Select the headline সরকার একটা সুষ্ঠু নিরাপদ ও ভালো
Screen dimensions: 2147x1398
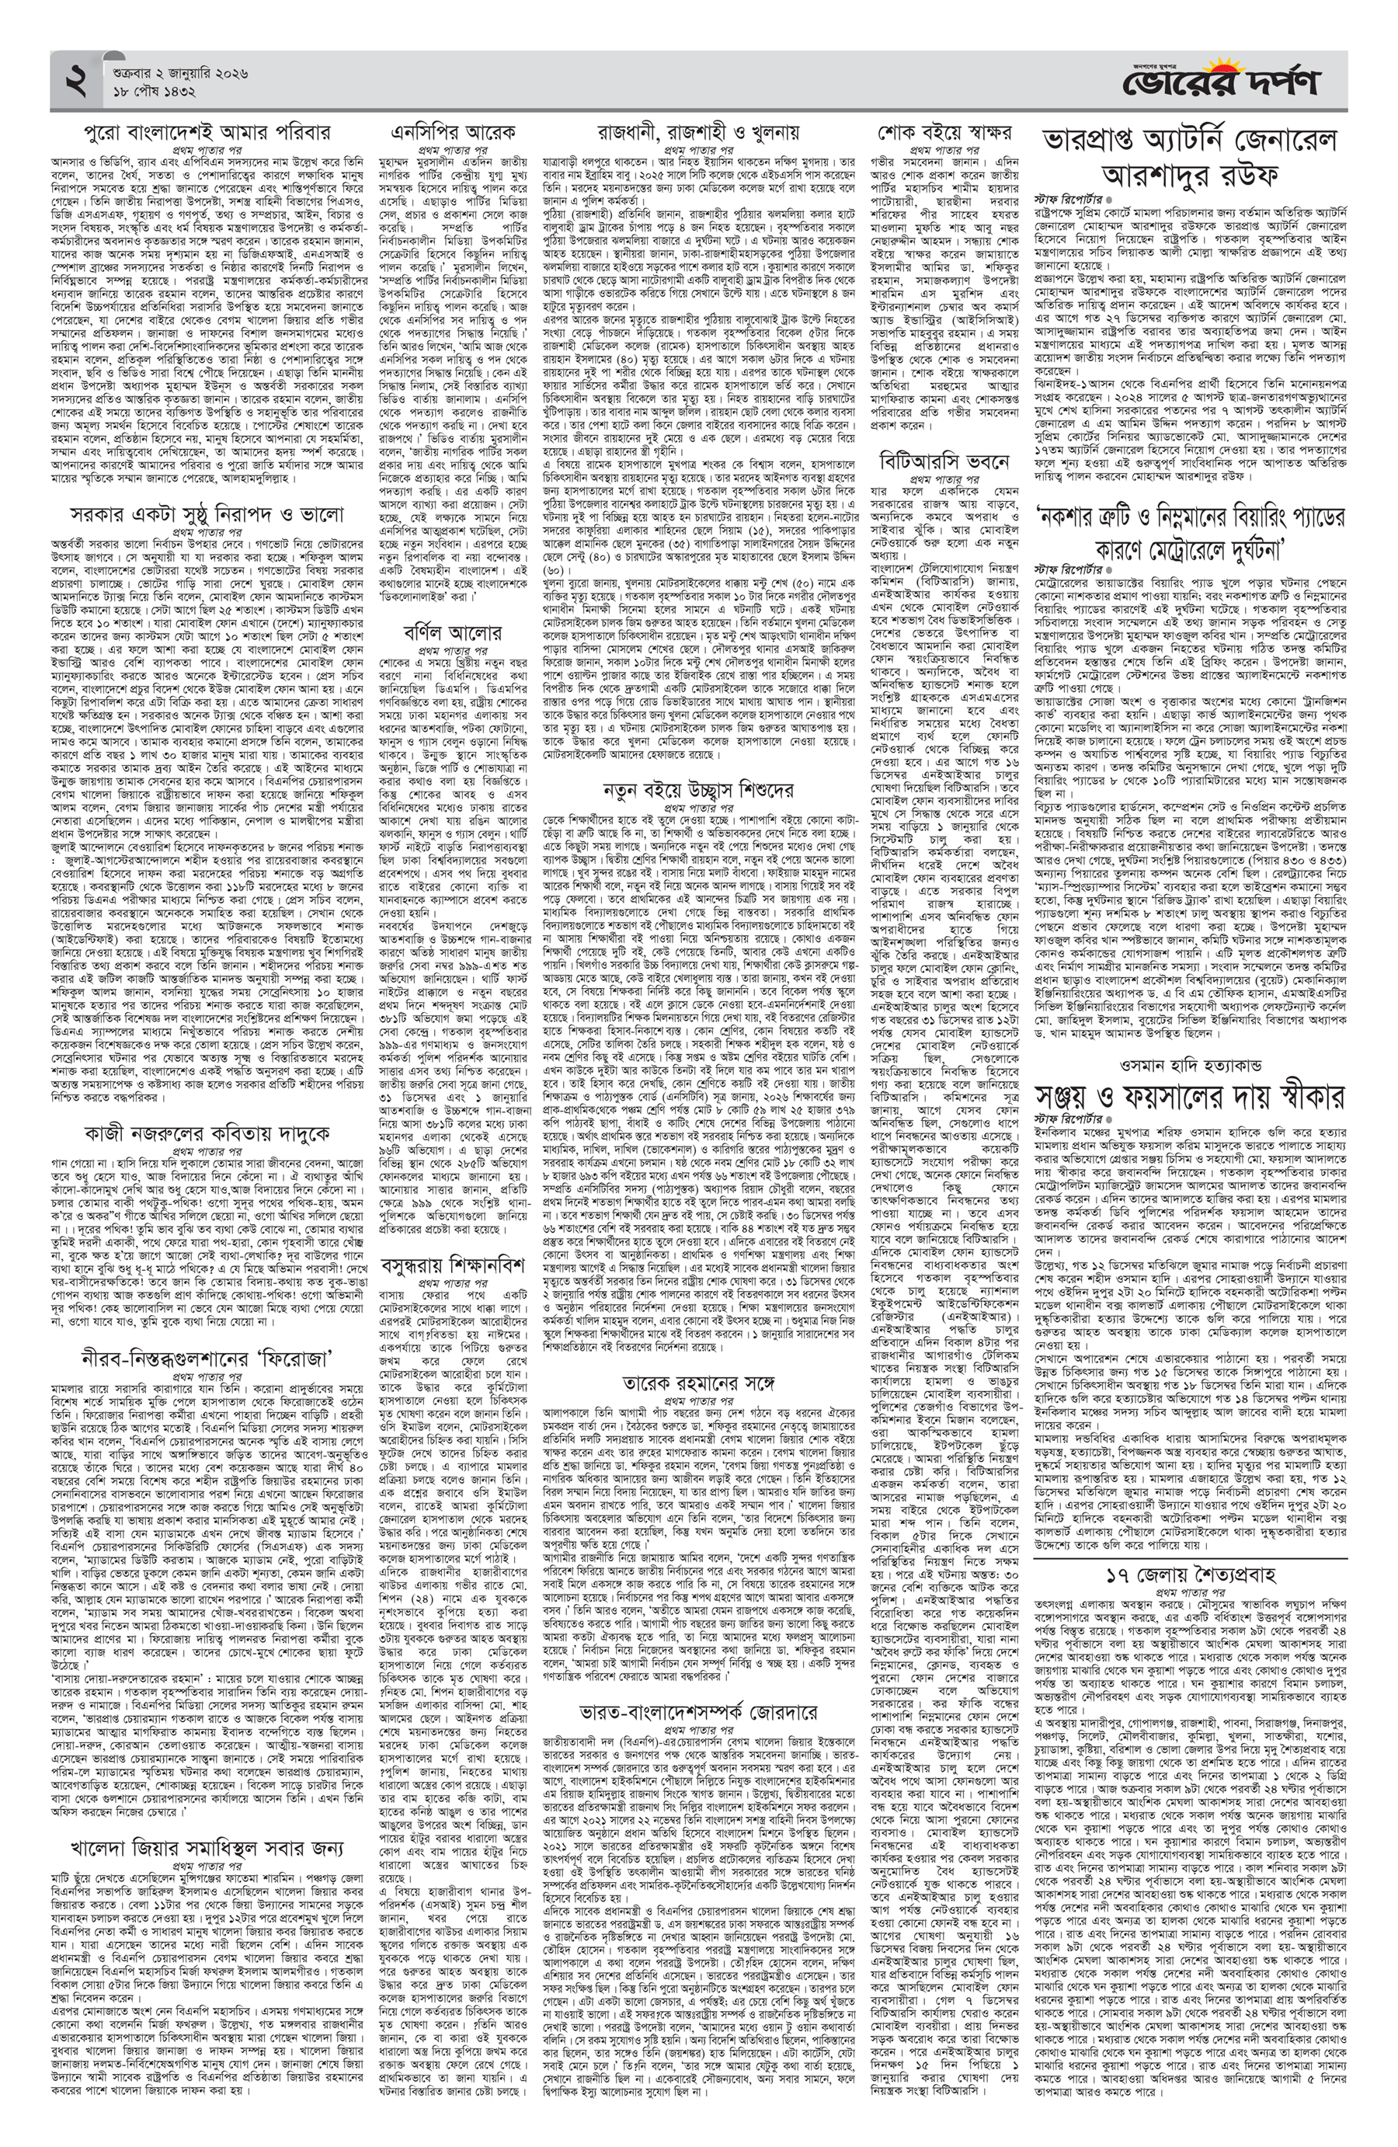pos(207,514)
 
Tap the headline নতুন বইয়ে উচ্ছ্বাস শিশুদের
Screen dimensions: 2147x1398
pos(698,789)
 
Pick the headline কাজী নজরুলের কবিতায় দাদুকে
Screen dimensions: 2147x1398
pos(207,1132)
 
